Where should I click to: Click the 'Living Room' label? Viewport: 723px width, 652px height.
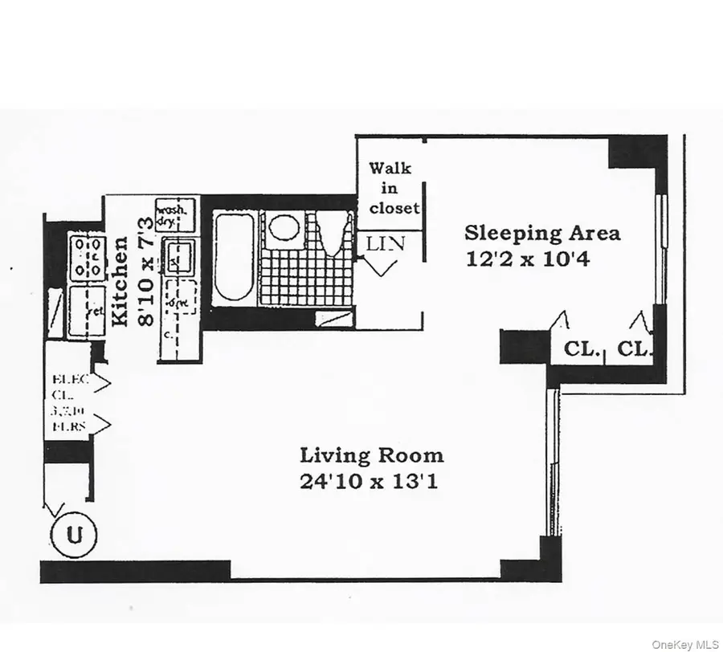(371, 455)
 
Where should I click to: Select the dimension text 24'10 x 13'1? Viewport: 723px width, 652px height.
(371, 482)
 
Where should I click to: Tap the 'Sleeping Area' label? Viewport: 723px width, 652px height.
(542, 234)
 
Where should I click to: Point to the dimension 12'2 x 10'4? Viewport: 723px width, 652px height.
(528, 259)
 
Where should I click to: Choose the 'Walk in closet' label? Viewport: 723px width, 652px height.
(393, 188)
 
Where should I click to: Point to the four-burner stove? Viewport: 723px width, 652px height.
(87, 257)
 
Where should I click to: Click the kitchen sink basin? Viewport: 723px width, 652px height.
(178, 257)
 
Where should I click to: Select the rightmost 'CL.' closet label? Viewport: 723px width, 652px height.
(656, 350)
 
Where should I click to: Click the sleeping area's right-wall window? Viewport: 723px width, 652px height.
(662, 249)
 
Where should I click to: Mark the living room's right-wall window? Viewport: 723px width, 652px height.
(551, 462)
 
